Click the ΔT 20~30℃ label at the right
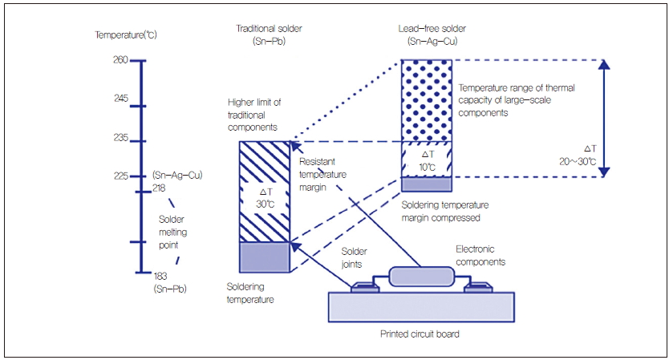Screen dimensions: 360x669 590,155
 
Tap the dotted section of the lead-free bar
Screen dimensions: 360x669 427,99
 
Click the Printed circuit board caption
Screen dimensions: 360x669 421,334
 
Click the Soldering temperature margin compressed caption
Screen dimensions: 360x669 444,211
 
